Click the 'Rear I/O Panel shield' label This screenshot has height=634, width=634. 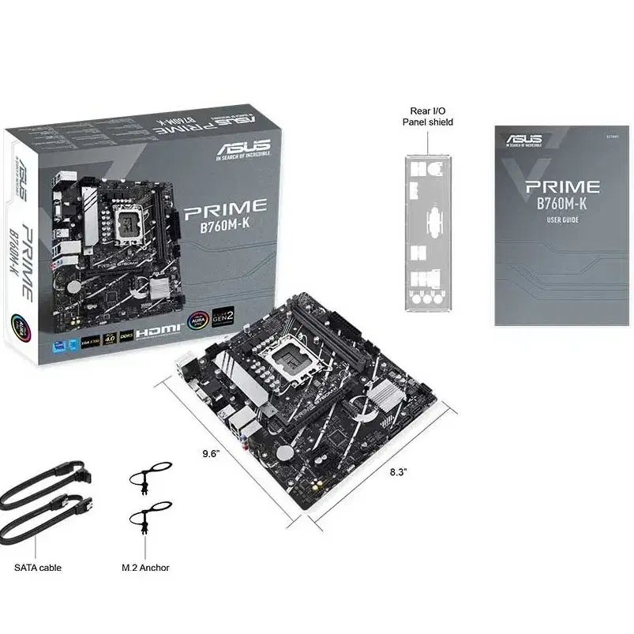click(x=428, y=116)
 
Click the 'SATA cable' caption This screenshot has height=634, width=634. click(x=38, y=567)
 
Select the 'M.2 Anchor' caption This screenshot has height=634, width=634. click(x=145, y=567)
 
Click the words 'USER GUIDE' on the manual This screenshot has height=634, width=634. click(x=562, y=220)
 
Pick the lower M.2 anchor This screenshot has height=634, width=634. click(x=144, y=523)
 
